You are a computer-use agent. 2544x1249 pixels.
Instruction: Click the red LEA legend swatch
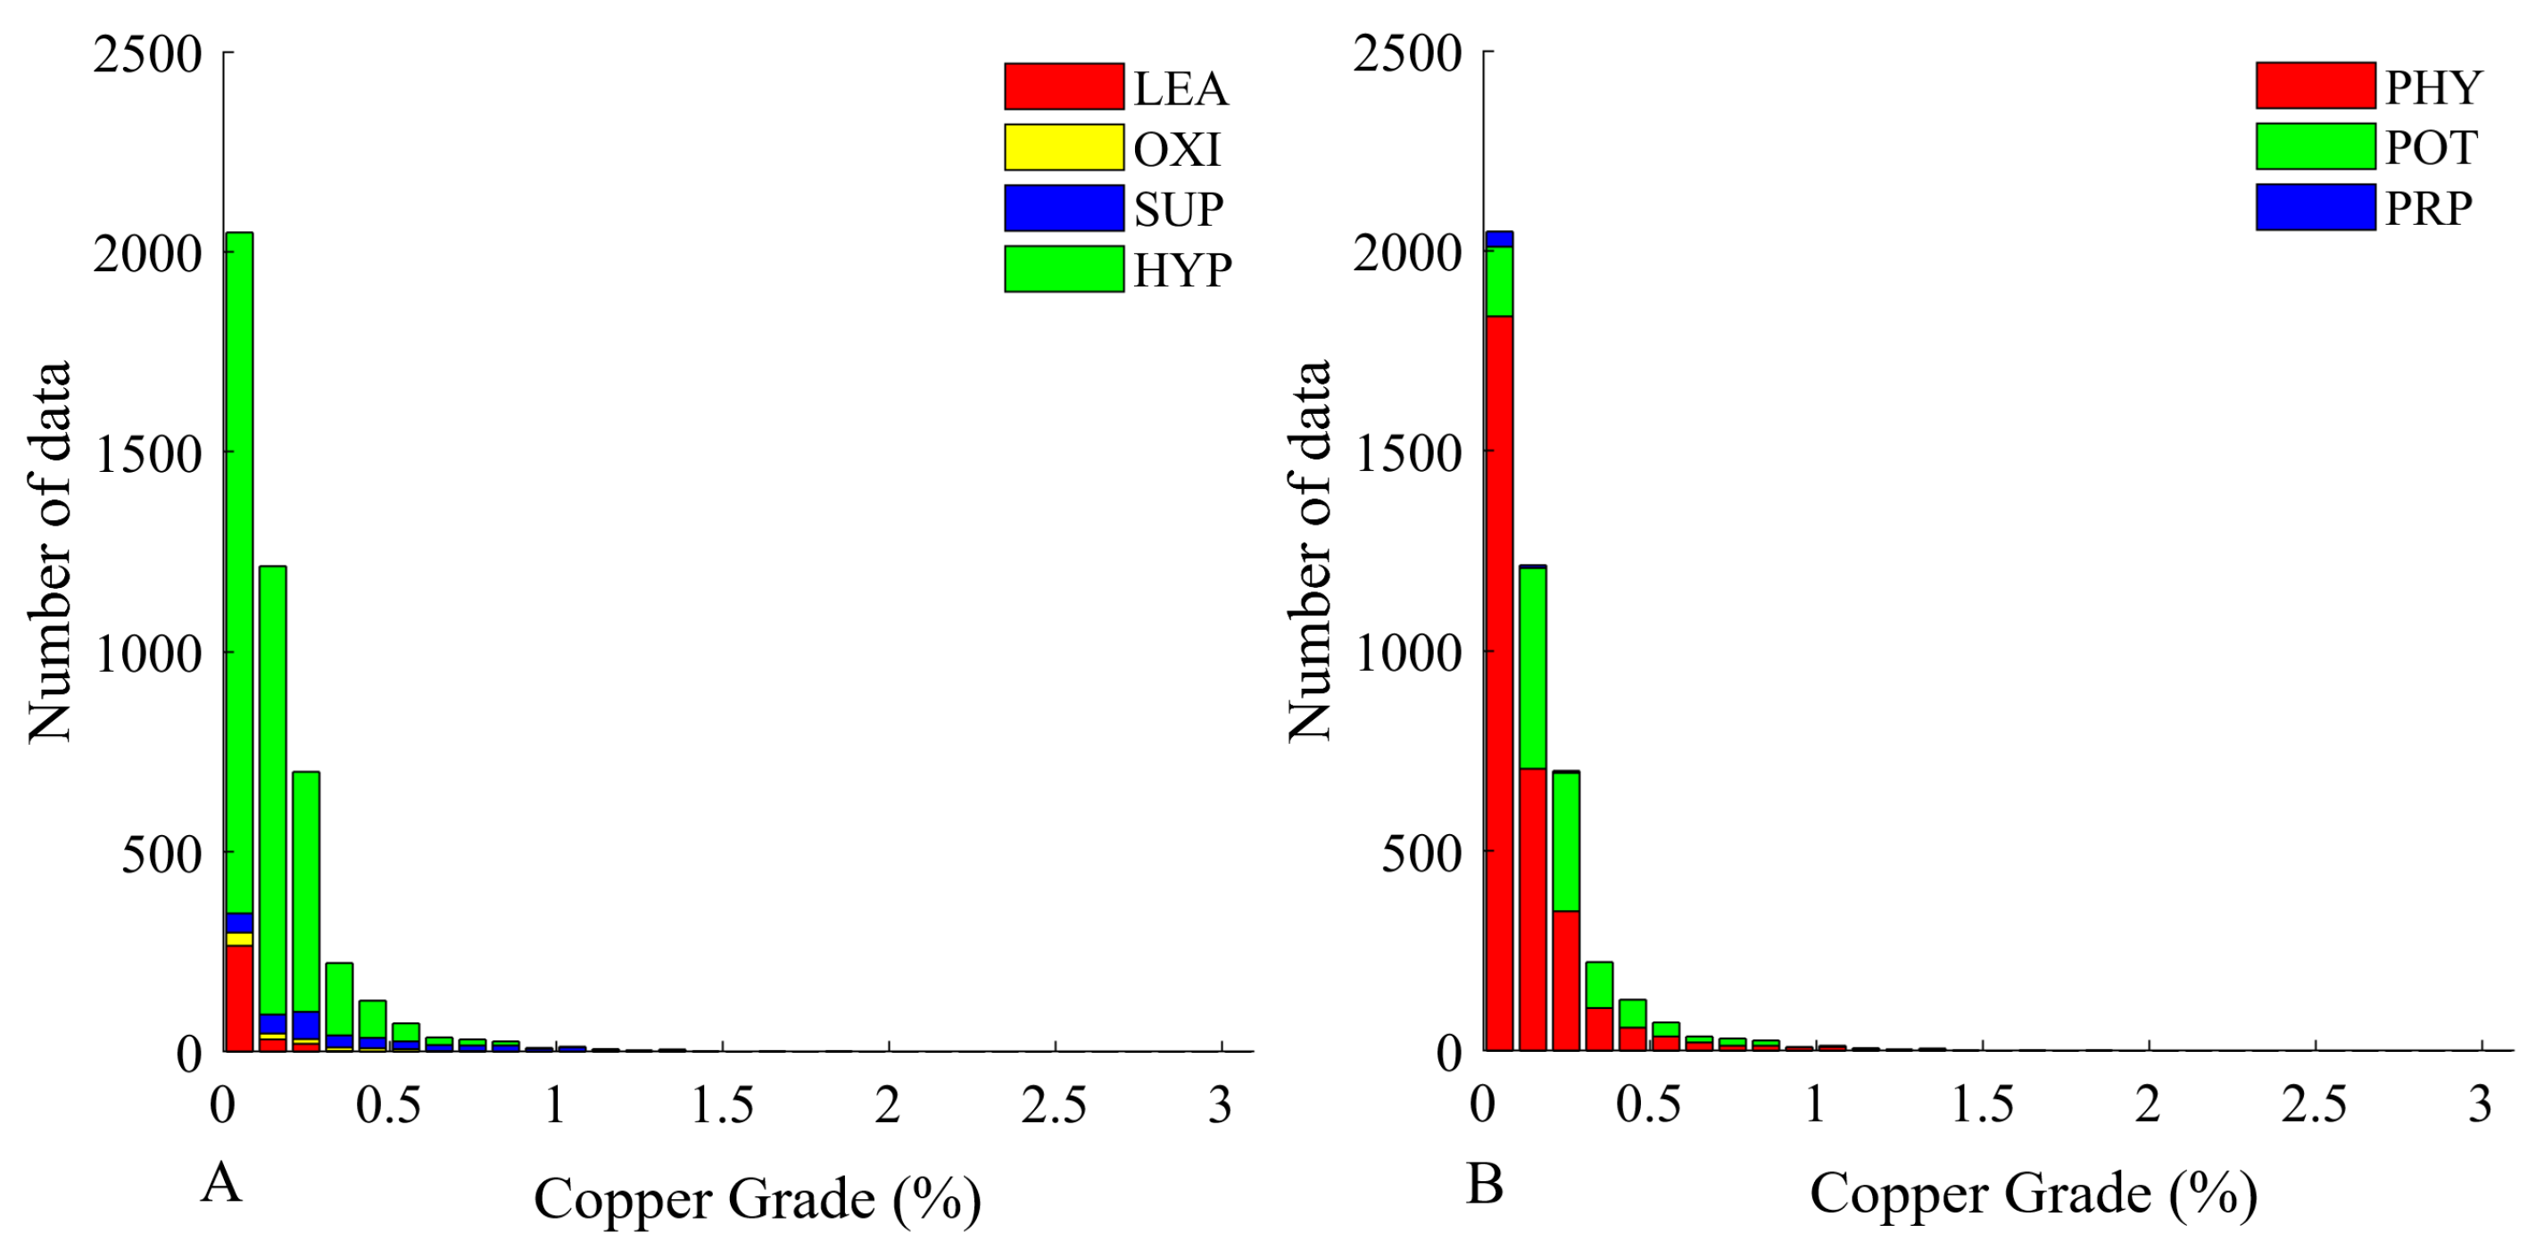(x=1064, y=87)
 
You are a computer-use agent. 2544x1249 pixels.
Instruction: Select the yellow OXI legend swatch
(x=1064, y=147)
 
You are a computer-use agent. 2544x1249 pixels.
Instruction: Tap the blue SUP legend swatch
(x=1064, y=209)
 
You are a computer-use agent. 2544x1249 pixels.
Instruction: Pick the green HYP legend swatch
(x=1064, y=269)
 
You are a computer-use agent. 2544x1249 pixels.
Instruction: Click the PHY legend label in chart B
(x=2432, y=87)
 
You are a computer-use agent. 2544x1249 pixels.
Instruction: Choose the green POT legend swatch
(x=2315, y=146)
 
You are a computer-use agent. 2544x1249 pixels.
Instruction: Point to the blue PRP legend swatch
(x=2315, y=207)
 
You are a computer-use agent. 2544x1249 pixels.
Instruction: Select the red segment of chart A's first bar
(x=239, y=997)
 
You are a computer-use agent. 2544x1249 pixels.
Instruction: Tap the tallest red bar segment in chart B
(x=1499, y=682)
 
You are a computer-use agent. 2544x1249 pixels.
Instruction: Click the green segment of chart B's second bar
(x=1533, y=667)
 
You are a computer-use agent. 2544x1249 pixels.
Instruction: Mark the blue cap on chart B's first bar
(x=1499, y=239)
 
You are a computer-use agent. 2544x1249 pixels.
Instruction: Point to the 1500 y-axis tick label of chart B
(x=1407, y=453)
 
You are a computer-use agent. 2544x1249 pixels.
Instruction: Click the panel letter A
(x=221, y=1182)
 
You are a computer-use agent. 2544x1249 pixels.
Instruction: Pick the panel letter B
(x=1484, y=1183)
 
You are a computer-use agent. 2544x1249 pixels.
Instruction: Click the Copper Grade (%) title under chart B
(x=2033, y=1195)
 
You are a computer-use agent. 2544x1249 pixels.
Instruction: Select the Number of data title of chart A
(x=50, y=551)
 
